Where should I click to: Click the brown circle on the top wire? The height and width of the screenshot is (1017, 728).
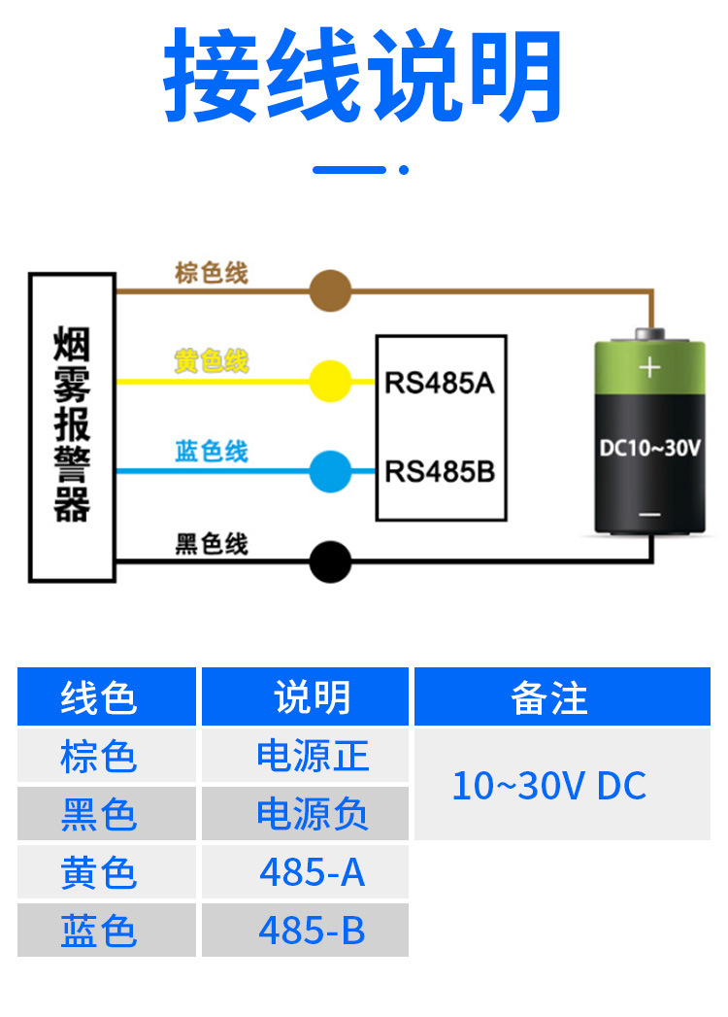(330, 290)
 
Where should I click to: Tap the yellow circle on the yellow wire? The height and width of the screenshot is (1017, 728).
(330, 381)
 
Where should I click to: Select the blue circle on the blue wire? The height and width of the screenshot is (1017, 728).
(330, 471)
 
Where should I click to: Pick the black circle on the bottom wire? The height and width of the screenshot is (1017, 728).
(330, 561)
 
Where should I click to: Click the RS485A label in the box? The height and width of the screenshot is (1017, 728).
(440, 383)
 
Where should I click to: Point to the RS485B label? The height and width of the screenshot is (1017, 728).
(440, 472)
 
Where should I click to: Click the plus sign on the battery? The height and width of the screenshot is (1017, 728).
(649, 367)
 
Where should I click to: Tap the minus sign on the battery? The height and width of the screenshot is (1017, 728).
(649, 515)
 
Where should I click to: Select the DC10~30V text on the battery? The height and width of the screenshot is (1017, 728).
(649, 448)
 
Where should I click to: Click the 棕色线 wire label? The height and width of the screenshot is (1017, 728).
(212, 273)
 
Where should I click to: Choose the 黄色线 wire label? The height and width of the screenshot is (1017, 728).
(212, 361)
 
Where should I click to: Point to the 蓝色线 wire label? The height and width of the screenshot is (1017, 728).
(212, 452)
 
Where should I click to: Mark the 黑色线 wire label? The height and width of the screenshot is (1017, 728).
(212, 544)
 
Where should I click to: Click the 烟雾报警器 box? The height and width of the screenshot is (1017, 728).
(72, 427)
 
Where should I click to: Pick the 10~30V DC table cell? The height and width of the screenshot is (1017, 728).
(549, 786)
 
